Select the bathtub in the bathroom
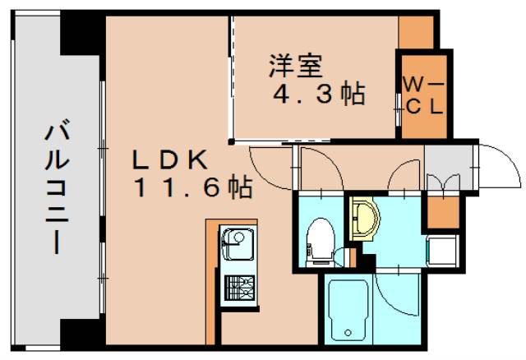(350, 315)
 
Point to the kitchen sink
(237, 244)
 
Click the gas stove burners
(238, 288)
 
